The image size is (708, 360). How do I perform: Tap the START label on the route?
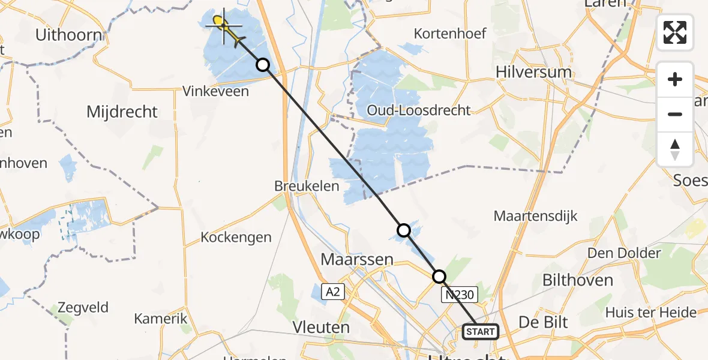[x=480, y=331]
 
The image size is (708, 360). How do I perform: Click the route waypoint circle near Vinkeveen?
[x=263, y=65]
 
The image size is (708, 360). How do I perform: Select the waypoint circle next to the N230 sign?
[x=439, y=277]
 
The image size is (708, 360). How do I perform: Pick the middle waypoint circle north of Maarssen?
[x=404, y=230]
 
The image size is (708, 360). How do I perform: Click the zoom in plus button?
[x=675, y=80]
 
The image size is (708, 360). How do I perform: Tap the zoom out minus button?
[x=675, y=114]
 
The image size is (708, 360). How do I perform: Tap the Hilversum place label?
[x=533, y=72]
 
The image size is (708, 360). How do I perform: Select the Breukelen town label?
[x=307, y=186]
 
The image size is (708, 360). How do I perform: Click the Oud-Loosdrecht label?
[x=420, y=110]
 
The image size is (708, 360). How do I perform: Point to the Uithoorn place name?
[x=68, y=35]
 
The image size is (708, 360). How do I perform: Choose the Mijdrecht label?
[x=122, y=112]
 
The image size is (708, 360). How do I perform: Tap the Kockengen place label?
[x=236, y=237]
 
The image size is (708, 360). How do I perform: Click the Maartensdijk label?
[x=535, y=216]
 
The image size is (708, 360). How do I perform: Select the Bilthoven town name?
[x=577, y=280]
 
